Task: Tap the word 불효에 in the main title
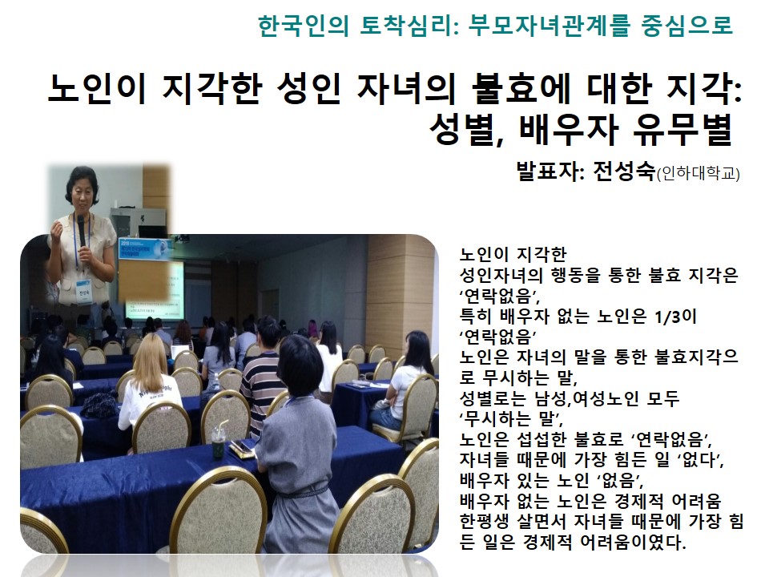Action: tap(520, 88)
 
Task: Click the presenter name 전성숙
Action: tap(623, 171)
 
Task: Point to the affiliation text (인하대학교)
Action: tap(698, 173)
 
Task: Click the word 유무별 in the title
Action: tap(682, 130)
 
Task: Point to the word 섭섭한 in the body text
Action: tap(541, 438)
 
